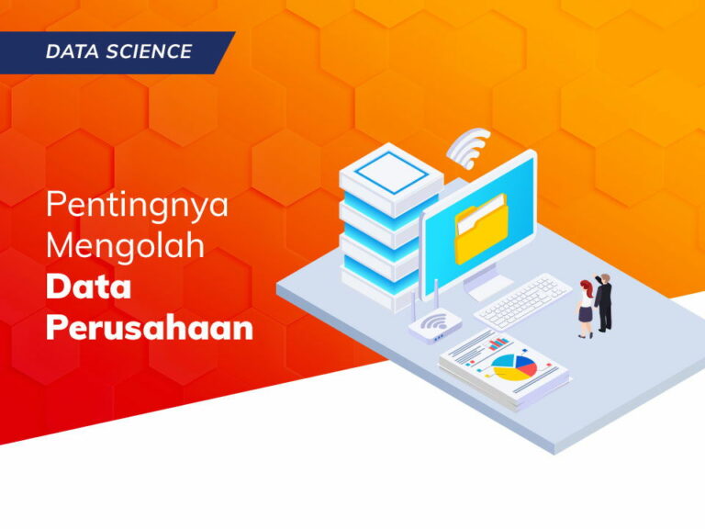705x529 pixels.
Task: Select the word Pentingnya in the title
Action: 138,205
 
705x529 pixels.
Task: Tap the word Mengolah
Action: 126,246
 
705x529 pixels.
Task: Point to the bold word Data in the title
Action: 89,287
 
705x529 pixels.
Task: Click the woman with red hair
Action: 585,308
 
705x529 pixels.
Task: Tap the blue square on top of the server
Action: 378,169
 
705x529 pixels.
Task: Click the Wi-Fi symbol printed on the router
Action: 437,321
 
